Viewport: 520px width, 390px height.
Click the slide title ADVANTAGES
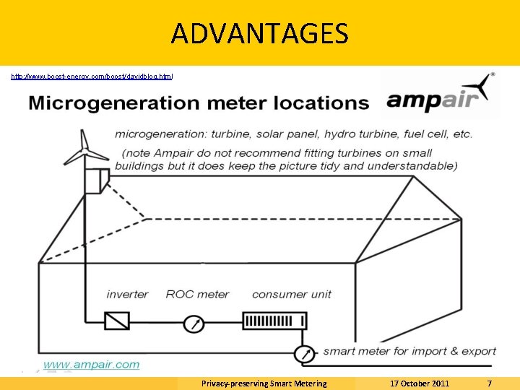(260, 33)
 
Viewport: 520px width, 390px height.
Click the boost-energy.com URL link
(92, 76)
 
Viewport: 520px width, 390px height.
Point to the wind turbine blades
(86, 149)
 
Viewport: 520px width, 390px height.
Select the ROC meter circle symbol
(194, 324)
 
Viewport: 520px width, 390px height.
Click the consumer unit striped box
(274, 320)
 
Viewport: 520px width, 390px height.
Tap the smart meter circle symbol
(304, 354)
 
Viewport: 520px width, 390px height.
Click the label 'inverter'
(127, 295)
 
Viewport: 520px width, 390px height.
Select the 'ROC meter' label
(197, 295)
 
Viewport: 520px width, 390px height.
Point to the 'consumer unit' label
(292, 295)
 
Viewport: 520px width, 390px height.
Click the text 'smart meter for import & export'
(409, 352)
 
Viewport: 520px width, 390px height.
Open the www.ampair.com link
(92, 365)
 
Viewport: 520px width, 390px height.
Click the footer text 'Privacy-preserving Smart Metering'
(264, 383)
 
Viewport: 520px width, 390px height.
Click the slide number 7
(490, 383)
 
